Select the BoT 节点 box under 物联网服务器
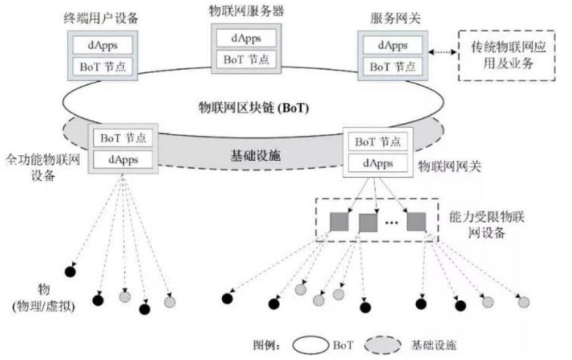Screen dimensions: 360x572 click(x=246, y=59)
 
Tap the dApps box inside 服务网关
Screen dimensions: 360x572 click(x=392, y=45)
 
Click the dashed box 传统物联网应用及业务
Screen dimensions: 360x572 click(x=507, y=55)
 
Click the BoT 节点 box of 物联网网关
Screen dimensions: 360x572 click(x=377, y=142)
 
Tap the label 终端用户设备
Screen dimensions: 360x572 click(x=100, y=19)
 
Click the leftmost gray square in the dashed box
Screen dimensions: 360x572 click(x=338, y=222)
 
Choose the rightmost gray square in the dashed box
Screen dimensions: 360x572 click(x=416, y=222)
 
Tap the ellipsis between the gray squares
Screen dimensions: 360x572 click(x=391, y=223)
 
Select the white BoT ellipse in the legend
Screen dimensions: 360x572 click(x=311, y=345)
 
